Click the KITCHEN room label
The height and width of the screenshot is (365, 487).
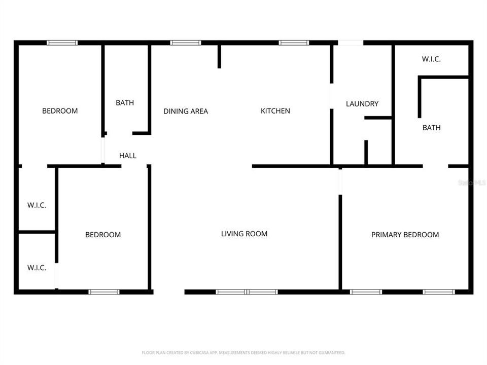pyautogui.click(x=275, y=111)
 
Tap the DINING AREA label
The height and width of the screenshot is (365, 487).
pyautogui.click(x=186, y=111)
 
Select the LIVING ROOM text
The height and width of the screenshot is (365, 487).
pyautogui.click(x=244, y=234)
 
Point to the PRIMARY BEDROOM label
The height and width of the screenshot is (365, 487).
pyautogui.click(x=405, y=235)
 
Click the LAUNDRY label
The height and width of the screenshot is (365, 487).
pyautogui.click(x=362, y=104)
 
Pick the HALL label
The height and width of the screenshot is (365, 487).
pyautogui.click(x=128, y=156)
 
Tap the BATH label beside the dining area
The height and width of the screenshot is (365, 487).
pyautogui.click(x=125, y=103)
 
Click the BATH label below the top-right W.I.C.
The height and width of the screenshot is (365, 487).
pyautogui.click(x=431, y=128)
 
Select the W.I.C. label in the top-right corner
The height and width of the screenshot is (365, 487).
pyautogui.click(x=431, y=59)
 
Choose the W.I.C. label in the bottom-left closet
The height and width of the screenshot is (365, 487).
pyautogui.click(x=37, y=268)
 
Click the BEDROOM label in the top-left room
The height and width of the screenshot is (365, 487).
pyautogui.click(x=60, y=111)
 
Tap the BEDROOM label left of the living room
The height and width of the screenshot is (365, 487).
pyautogui.click(x=103, y=235)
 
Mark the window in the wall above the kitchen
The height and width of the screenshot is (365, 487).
pyautogui.click(x=294, y=43)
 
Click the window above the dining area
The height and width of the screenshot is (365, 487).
pyautogui.click(x=186, y=43)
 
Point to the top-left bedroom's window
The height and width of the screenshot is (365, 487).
pyautogui.click(x=62, y=43)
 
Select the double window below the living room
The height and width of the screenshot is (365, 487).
pyautogui.click(x=247, y=292)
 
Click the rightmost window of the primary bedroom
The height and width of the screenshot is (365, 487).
pyautogui.click(x=438, y=292)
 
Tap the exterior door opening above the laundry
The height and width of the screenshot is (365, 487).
pyautogui.click(x=351, y=43)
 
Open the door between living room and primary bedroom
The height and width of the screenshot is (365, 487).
pyautogui.click(x=340, y=182)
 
